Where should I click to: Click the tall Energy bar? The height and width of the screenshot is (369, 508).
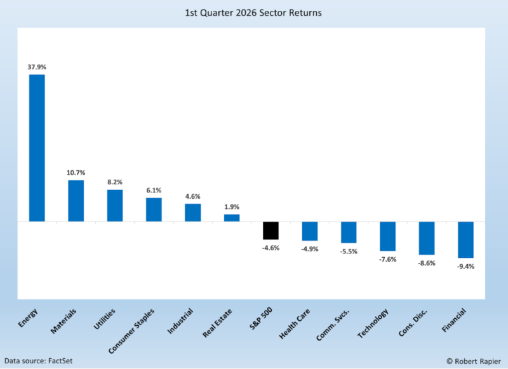(37, 148)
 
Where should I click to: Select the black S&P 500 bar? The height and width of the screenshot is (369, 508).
(271, 231)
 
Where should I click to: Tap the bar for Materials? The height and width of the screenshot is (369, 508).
(76, 201)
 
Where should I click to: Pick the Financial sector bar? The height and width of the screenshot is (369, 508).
(465, 239)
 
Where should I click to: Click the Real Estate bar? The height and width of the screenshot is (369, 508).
(232, 218)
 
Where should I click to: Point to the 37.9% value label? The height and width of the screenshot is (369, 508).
(37, 67)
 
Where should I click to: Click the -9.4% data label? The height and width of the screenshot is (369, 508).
(465, 267)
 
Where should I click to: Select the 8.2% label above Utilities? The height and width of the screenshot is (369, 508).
(115, 182)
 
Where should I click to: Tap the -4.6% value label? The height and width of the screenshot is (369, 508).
(271, 248)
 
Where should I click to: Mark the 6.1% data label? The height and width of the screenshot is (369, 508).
(154, 190)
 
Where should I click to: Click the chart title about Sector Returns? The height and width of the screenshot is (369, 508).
(254, 13)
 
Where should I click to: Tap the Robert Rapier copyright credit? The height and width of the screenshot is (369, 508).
(473, 360)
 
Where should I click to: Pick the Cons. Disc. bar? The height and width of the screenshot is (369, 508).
(427, 238)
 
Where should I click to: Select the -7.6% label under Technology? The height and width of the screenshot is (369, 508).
(388, 259)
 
